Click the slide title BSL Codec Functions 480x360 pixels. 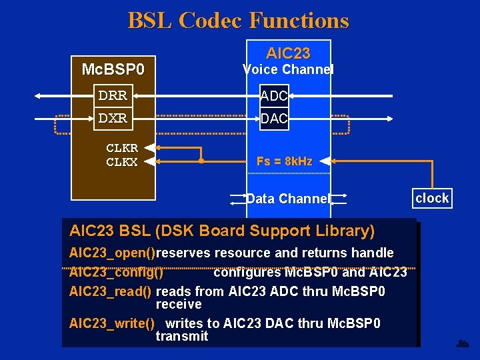[x=239, y=20]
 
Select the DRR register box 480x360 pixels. [x=113, y=95]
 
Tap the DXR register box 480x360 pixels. [x=113, y=118]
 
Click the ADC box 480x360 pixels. [x=273, y=96]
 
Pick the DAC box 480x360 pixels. [x=273, y=119]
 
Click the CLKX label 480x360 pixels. [x=122, y=161]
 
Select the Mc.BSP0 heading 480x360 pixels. [x=113, y=69]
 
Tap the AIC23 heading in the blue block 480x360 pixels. [x=288, y=53]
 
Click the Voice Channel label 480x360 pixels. [x=288, y=69]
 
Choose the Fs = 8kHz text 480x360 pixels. [x=284, y=161]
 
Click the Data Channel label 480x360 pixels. [x=288, y=199]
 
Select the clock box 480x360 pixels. [x=432, y=198]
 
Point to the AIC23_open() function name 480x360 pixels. [x=112, y=253]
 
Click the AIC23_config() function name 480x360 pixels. [x=116, y=272]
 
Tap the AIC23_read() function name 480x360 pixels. [x=111, y=291]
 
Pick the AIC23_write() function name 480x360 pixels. [x=112, y=323]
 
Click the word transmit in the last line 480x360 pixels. [x=182, y=336]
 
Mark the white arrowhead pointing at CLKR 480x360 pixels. [x=150, y=148]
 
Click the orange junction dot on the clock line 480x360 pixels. [x=201, y=161]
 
